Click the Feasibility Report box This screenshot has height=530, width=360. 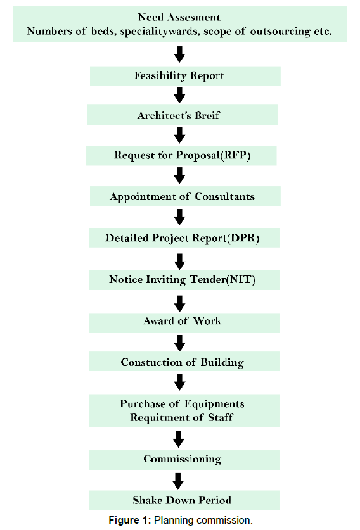tap(185, 76)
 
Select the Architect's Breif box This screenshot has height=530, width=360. tap(183, 115)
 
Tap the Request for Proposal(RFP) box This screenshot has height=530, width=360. tap(181, 156)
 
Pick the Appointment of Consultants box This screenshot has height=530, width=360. tap(185, 196)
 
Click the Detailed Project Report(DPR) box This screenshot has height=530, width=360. tap(184, 237)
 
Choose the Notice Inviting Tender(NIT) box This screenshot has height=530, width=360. tap(184, 280)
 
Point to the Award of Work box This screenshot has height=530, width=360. tap(184, 323)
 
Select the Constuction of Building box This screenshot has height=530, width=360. tap(184, 362)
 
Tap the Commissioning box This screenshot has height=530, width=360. tap(184, 460)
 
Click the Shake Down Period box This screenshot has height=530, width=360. tap(184, 500)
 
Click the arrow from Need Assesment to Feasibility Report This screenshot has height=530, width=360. tap(179, 54)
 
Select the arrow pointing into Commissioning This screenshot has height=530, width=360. tap(179, 439)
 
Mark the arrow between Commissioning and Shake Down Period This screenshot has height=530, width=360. tap(178, 481)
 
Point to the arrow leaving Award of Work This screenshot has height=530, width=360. tap(179, 343)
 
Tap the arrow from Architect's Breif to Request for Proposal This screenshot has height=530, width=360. tap(179, 136)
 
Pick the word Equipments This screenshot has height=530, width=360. tap(214, 404)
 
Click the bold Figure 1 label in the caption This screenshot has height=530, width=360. tap(129, 521)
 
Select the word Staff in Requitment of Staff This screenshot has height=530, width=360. tap(220, 417)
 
